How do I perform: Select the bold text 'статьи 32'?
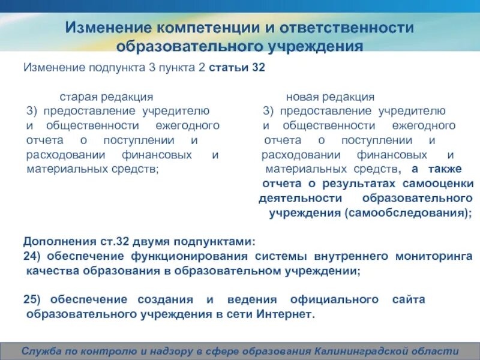point(236,68)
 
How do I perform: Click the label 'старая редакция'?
point(106,97)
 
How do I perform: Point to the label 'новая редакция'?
point(330,97)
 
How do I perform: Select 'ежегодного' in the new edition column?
point(424,126)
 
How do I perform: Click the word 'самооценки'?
point(438,184)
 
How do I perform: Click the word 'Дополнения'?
point(56,242)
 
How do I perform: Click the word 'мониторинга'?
point(433,257)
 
